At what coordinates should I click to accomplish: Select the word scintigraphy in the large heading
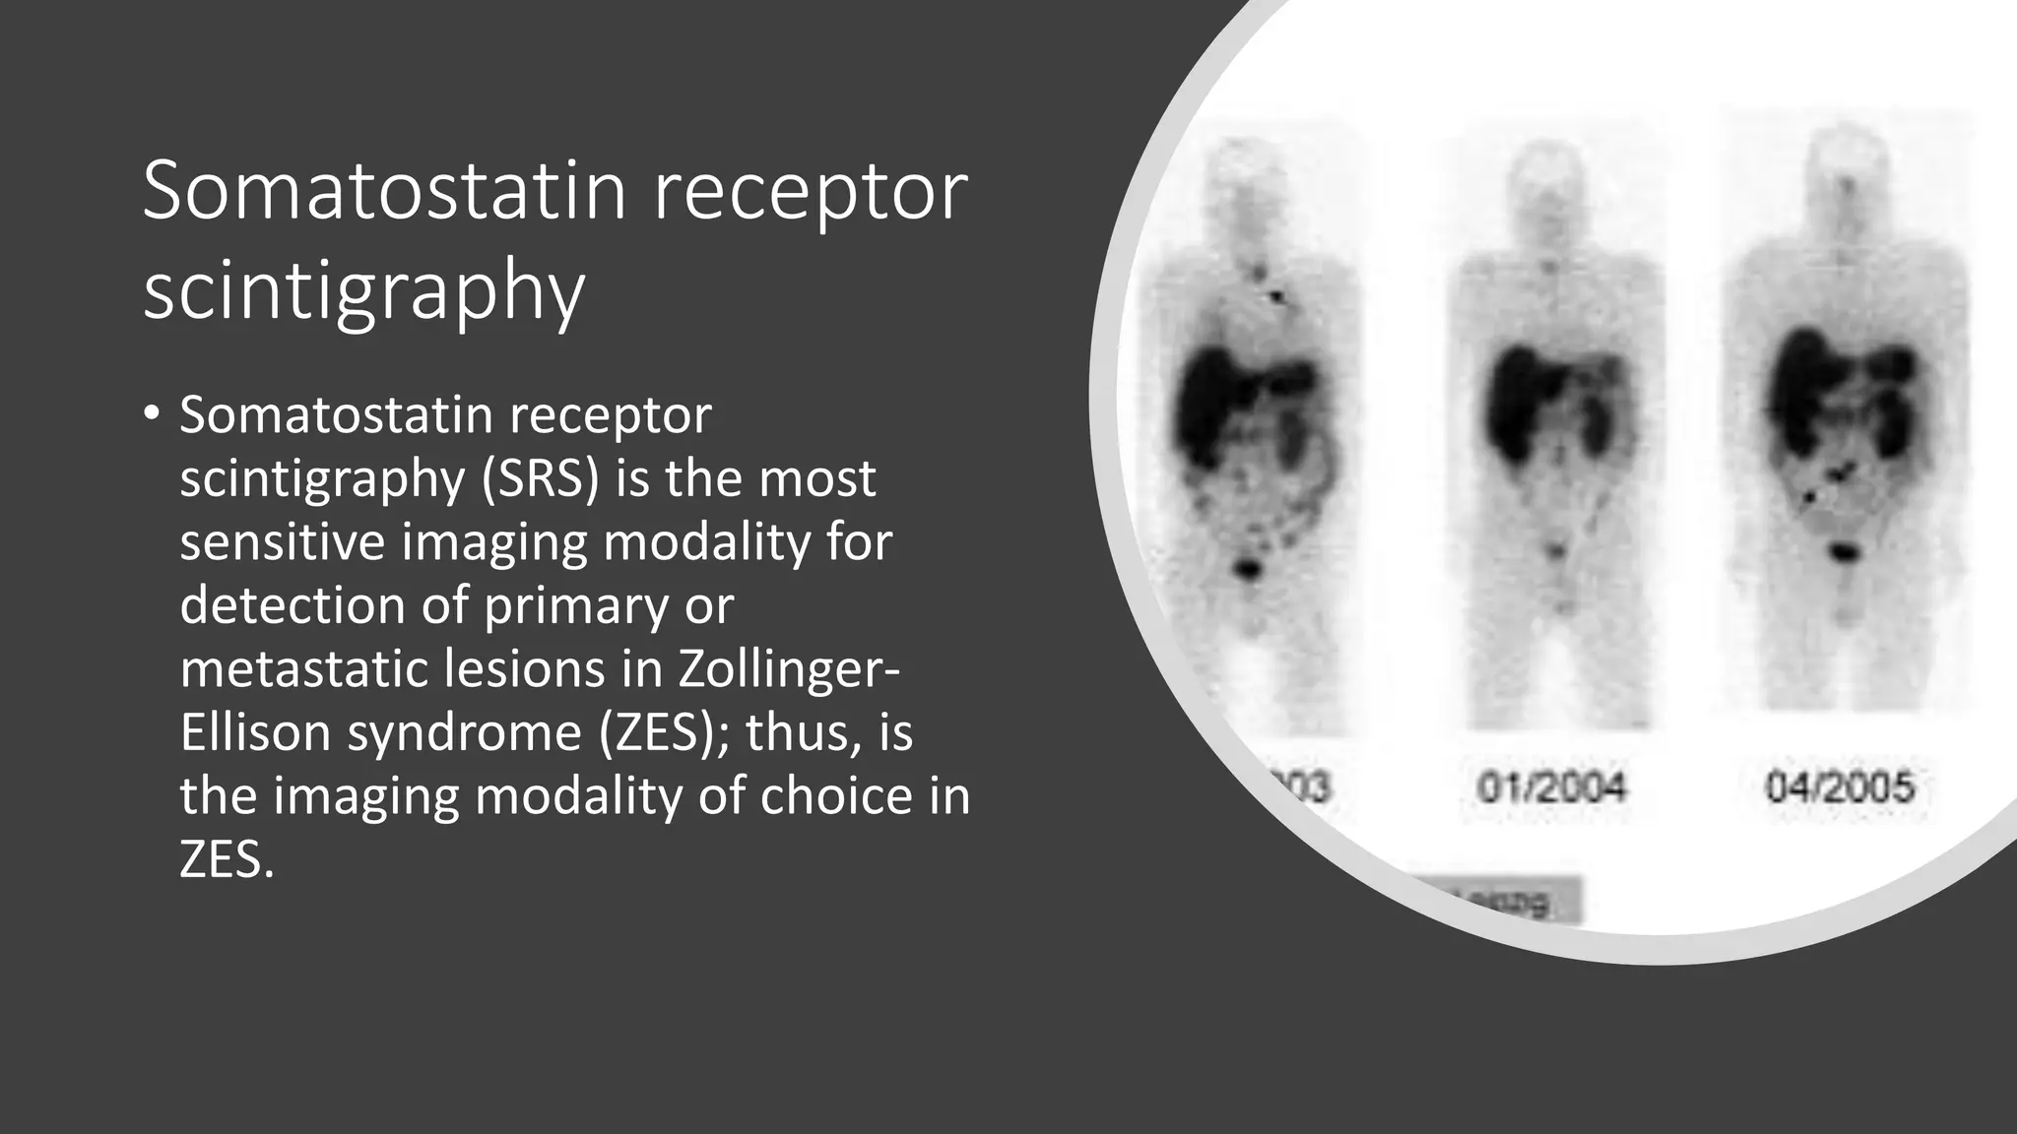point(363,292)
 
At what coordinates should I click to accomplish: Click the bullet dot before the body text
point(150,414)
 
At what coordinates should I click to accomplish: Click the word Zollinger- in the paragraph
point(788,669)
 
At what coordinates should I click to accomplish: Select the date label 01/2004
point(1551,787)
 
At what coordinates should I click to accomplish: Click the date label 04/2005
point(1839,787)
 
